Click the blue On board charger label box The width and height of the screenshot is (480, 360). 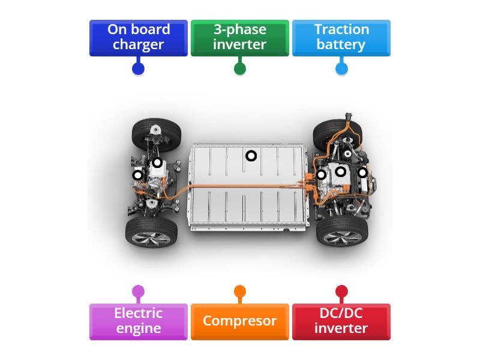138,38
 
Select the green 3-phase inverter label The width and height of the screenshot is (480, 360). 239,38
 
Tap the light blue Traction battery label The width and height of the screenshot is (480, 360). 341,38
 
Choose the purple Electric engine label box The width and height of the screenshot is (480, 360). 138,321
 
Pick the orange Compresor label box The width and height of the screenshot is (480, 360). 239,321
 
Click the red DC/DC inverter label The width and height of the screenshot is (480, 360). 341,321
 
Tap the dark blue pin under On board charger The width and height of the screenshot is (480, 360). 138,68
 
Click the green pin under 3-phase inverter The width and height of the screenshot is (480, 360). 239,68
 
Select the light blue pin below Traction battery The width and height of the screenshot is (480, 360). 341,68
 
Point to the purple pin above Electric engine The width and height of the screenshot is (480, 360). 138,292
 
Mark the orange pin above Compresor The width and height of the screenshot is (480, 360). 239,292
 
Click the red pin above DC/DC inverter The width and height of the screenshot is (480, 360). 341,292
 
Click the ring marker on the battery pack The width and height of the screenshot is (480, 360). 251,156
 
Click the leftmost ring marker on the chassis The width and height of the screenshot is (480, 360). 137,175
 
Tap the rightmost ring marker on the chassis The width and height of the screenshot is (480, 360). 362,173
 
